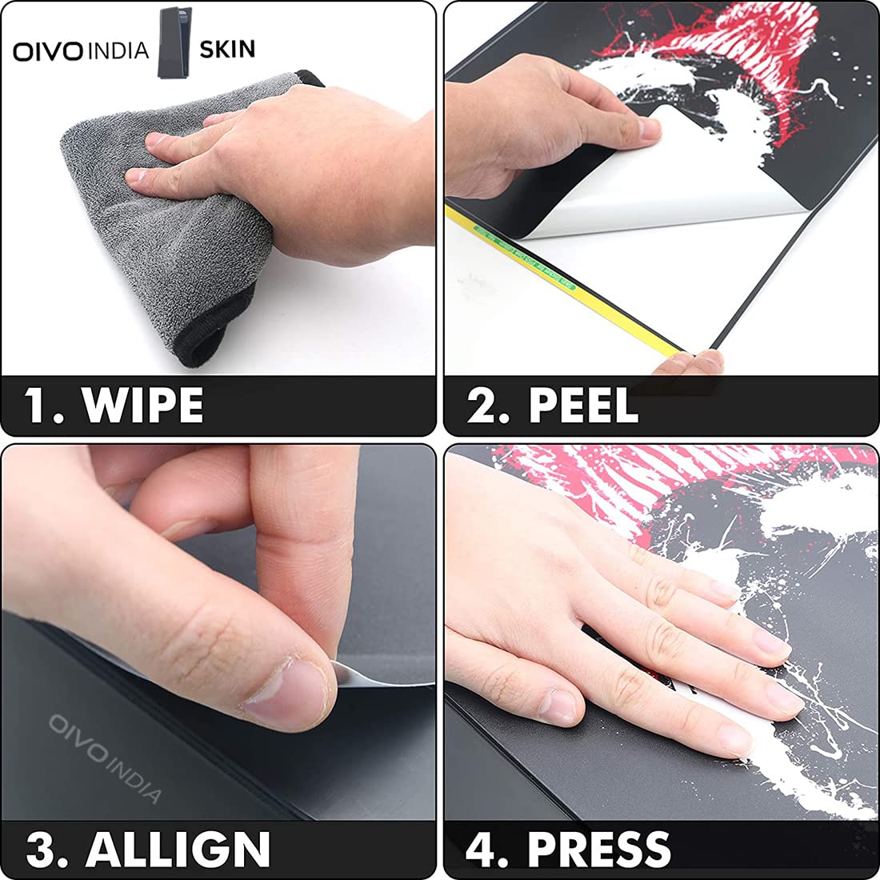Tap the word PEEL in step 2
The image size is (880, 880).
(x=583, y=405)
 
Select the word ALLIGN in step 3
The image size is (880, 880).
(x=178, y=849)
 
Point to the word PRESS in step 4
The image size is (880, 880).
(x=599, y=849)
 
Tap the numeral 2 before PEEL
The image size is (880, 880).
(x=482, y=405)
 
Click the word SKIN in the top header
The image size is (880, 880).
(x=227, y=50)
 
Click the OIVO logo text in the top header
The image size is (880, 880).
(x=48, y=51)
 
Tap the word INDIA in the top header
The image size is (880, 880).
(x=118, y=50)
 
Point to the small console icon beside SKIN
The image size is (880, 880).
(x=174, y=42)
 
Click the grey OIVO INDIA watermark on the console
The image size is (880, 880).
(x=105, y=757)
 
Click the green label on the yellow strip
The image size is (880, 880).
(x=524, y=258)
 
